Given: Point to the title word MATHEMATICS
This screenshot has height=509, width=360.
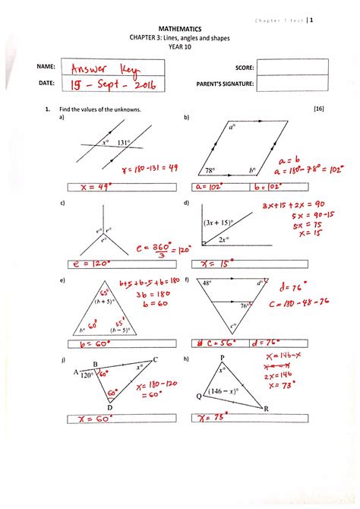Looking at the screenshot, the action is click(x=180, y=27).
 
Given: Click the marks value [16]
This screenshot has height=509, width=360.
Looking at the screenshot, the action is click(x=318, y=109).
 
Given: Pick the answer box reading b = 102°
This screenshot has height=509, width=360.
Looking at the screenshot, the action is click(x=267, y=187).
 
